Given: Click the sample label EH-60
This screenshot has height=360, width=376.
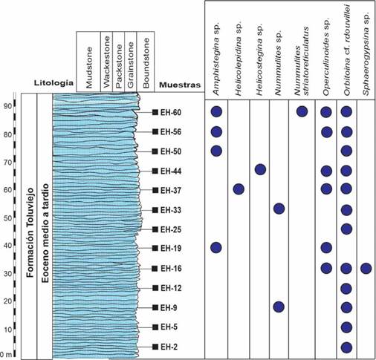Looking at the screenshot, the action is coord(171,112).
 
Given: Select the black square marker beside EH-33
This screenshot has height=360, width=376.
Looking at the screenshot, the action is coord(155,210).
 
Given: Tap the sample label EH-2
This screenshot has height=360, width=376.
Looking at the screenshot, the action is coord(169,347).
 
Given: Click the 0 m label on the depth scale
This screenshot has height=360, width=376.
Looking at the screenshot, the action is coord(6,355).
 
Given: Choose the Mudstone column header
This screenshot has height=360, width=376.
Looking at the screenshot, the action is coord(88,68).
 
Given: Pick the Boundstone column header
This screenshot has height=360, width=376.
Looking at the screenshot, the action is coord(146,63).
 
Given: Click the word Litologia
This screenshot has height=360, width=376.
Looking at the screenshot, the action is coord(54,83).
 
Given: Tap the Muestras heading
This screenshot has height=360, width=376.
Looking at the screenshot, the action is coord(180,85).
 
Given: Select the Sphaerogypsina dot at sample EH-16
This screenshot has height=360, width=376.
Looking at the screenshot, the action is coord(366,269).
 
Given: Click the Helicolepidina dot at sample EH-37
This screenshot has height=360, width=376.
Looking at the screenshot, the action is coord(239,189).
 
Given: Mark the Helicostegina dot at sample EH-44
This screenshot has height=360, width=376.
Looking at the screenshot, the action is coord(260,170).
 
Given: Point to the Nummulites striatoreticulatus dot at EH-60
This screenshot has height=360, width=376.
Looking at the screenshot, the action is coord(302,111).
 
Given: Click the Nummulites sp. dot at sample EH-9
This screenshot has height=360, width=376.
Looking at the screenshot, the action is coord(279,307).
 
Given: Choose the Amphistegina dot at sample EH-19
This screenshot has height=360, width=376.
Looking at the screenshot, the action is coord(216,247).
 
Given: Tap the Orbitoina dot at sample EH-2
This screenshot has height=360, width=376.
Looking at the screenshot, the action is coord(346,347).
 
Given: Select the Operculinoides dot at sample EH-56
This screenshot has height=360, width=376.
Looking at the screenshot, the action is coord(327,132).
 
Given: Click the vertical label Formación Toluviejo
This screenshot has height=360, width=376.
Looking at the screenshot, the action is coord(30,232).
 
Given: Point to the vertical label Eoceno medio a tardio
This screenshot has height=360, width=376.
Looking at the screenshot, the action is coord(45,233).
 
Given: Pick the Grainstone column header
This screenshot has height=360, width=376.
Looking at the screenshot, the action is coord(130,65).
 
